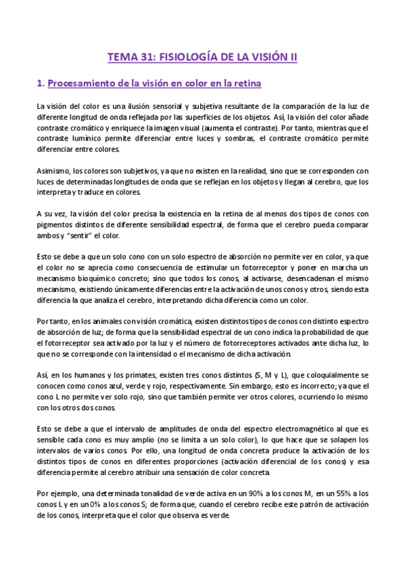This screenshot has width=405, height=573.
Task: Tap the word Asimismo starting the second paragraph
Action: [54, 172]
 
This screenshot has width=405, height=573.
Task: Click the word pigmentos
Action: [57, 226]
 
